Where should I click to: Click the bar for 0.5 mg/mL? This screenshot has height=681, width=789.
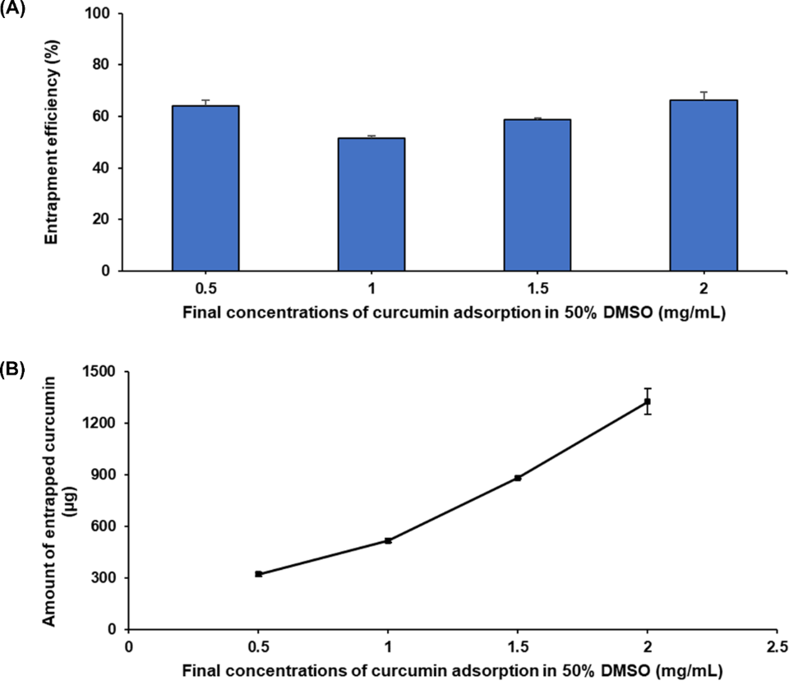(205, 188)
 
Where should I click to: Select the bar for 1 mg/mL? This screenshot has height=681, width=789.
(371, 204)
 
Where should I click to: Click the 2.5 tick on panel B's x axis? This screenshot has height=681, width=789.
(777, 646)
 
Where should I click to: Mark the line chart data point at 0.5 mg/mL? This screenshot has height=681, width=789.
(258, 574)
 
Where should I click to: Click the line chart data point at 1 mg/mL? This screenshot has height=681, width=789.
(388, 540)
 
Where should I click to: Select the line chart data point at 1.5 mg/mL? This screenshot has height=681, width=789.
(518, 478)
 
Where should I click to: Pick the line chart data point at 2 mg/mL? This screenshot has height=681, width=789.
(648, 401)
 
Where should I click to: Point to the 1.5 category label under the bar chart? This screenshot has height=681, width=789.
(537, 288)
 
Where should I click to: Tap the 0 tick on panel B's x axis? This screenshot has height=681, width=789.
(128, 646)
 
